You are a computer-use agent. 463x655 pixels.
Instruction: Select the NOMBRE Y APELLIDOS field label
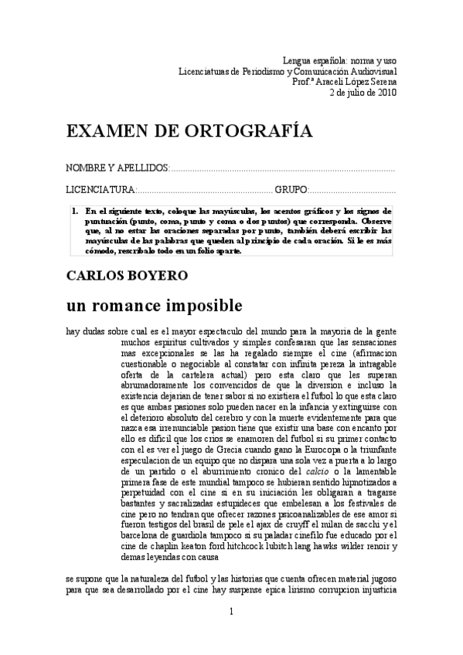pyautogui.click(x=117, y=168)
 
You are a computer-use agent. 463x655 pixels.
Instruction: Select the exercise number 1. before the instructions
pyautogui.click(x=75, y=210)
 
